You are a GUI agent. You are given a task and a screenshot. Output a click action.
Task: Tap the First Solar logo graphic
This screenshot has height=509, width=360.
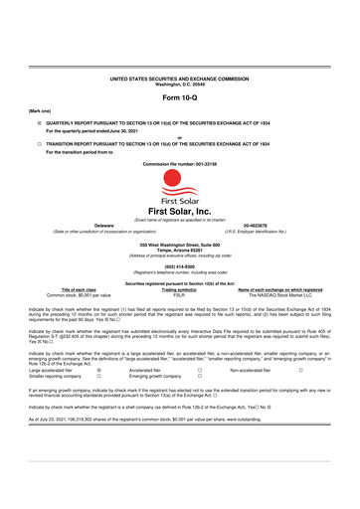179,174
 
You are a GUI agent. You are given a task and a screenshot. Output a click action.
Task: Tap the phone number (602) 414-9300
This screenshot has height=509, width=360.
179,267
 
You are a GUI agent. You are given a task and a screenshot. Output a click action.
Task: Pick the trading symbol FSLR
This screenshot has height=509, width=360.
179,295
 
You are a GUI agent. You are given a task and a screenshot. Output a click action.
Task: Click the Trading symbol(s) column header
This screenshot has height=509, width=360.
179,289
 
